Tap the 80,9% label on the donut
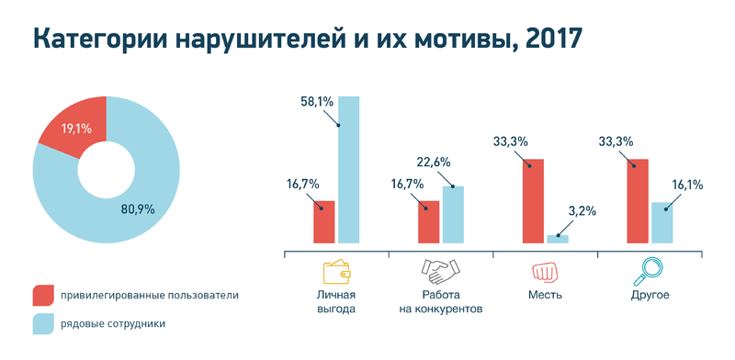coord(137,208)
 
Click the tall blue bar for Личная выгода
coord(349,170)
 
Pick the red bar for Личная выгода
coord(323,221)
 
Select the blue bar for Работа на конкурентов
coord(453,214)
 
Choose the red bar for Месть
coord(534,201)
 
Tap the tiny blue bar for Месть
coord(558,239)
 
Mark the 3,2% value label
coord(582,210)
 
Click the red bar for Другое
coord(638,201)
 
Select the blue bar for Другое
coord(661,222)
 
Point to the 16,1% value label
coord(685,185)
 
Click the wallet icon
coord(337,271)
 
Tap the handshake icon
coord(440,271)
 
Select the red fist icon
coord(546,272)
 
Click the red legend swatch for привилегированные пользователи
coord(43,296)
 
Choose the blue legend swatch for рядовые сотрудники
coord(43,323)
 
